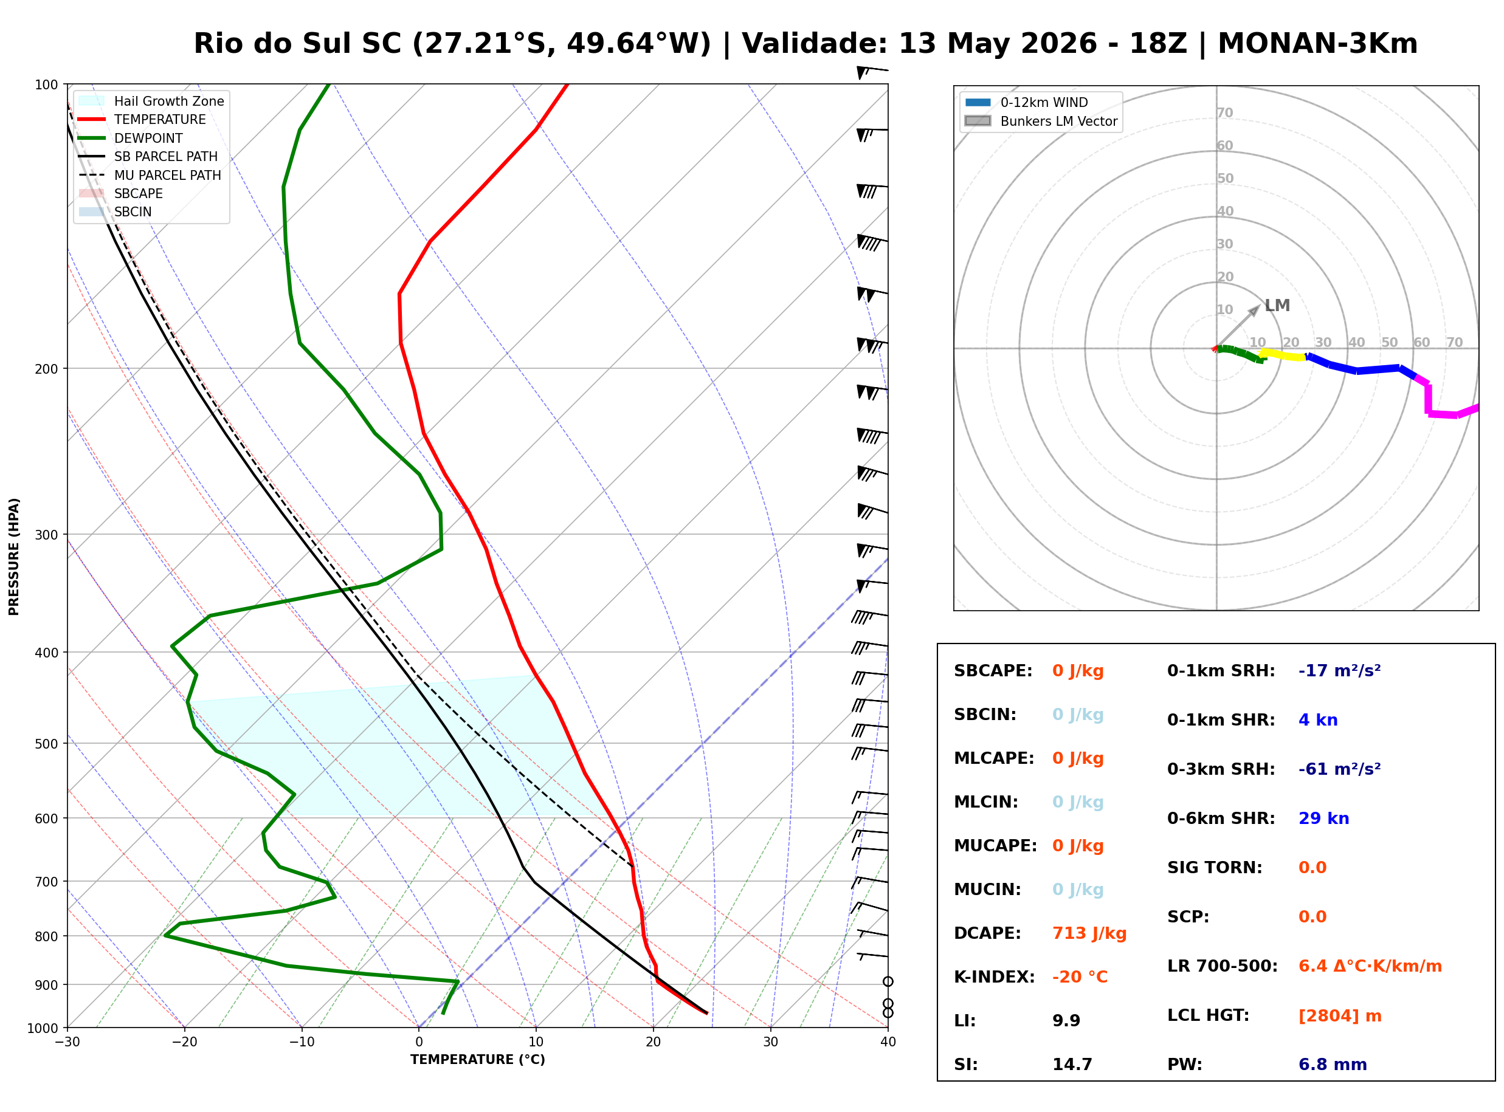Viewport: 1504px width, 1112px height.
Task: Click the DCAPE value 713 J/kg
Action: click(1089, 933)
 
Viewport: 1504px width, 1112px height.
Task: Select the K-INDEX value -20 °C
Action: click(1080, 977)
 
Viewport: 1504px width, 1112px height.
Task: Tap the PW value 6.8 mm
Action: click(1333, 1065)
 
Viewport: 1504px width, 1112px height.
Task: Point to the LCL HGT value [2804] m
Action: click(1340, 1016)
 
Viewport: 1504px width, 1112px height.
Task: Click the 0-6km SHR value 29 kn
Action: click(1323, 819)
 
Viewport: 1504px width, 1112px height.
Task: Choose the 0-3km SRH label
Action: click(1221, 769)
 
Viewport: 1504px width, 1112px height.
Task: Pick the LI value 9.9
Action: click(1066, 1021)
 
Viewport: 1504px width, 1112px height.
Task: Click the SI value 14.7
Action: click(1072, 1065)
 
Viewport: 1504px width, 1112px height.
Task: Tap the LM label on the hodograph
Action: click(1277, 306)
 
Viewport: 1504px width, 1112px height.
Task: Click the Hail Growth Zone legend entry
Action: click(151, 101)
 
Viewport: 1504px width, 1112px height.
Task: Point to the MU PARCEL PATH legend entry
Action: click(150, 175)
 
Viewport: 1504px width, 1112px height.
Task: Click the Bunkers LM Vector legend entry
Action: click(1041, 121)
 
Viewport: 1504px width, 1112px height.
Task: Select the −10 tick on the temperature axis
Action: click(302, 1042)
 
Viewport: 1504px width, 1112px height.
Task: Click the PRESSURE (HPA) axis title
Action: click(14, 557)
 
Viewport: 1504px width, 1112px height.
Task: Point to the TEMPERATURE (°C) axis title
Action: click(478, 1060)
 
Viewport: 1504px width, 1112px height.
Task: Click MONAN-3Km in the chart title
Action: click(1317, 44)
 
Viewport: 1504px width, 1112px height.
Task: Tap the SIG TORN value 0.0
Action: click(1313, 868)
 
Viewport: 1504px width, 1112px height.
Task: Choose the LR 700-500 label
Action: click(1223, 967)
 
